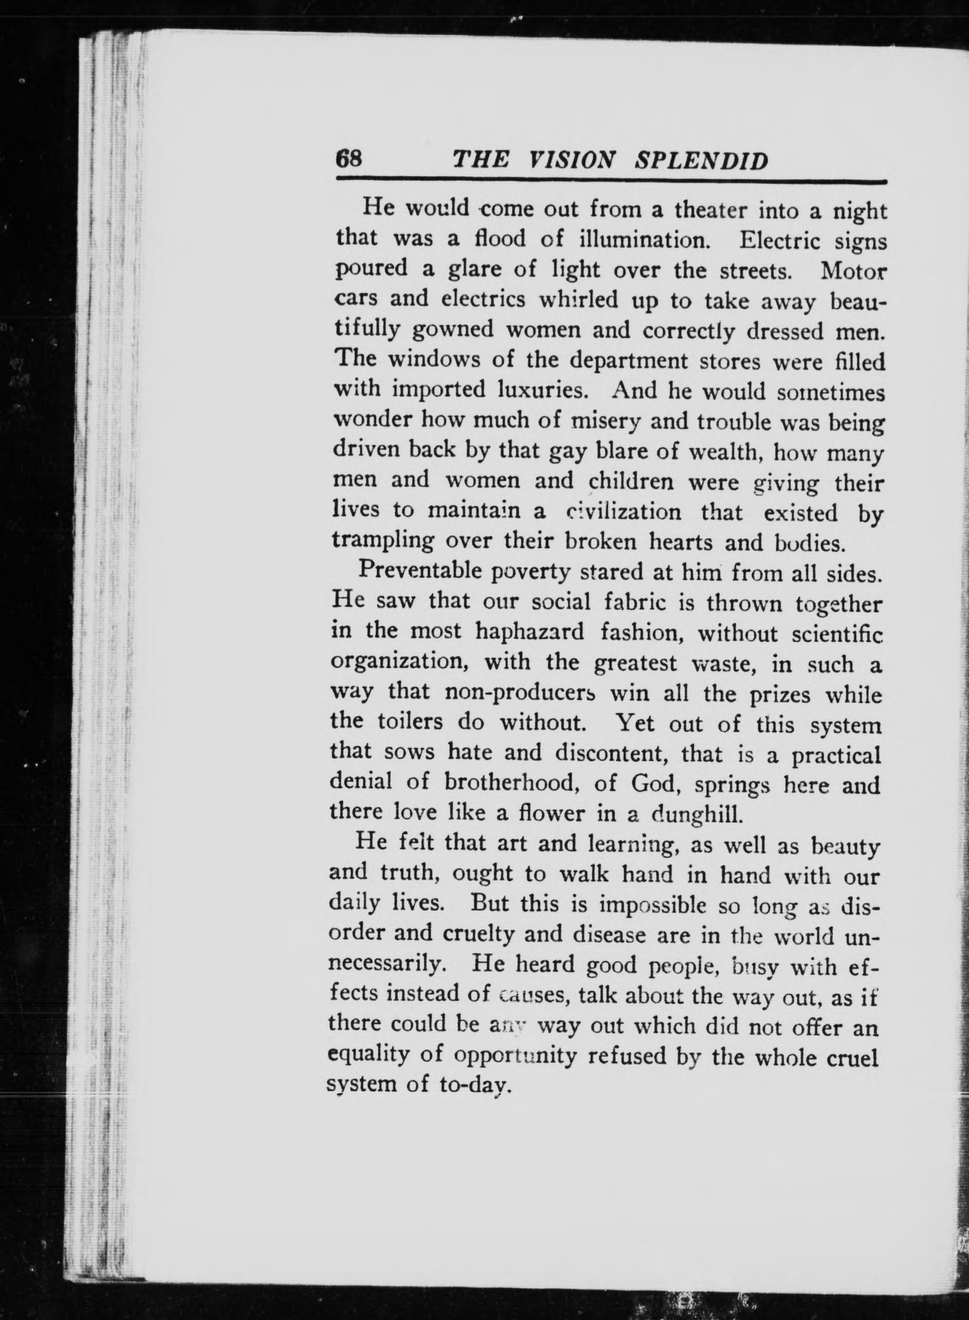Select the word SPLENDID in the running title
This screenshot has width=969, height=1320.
702,160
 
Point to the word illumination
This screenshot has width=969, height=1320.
645,239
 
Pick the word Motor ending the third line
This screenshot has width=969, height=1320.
853,271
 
